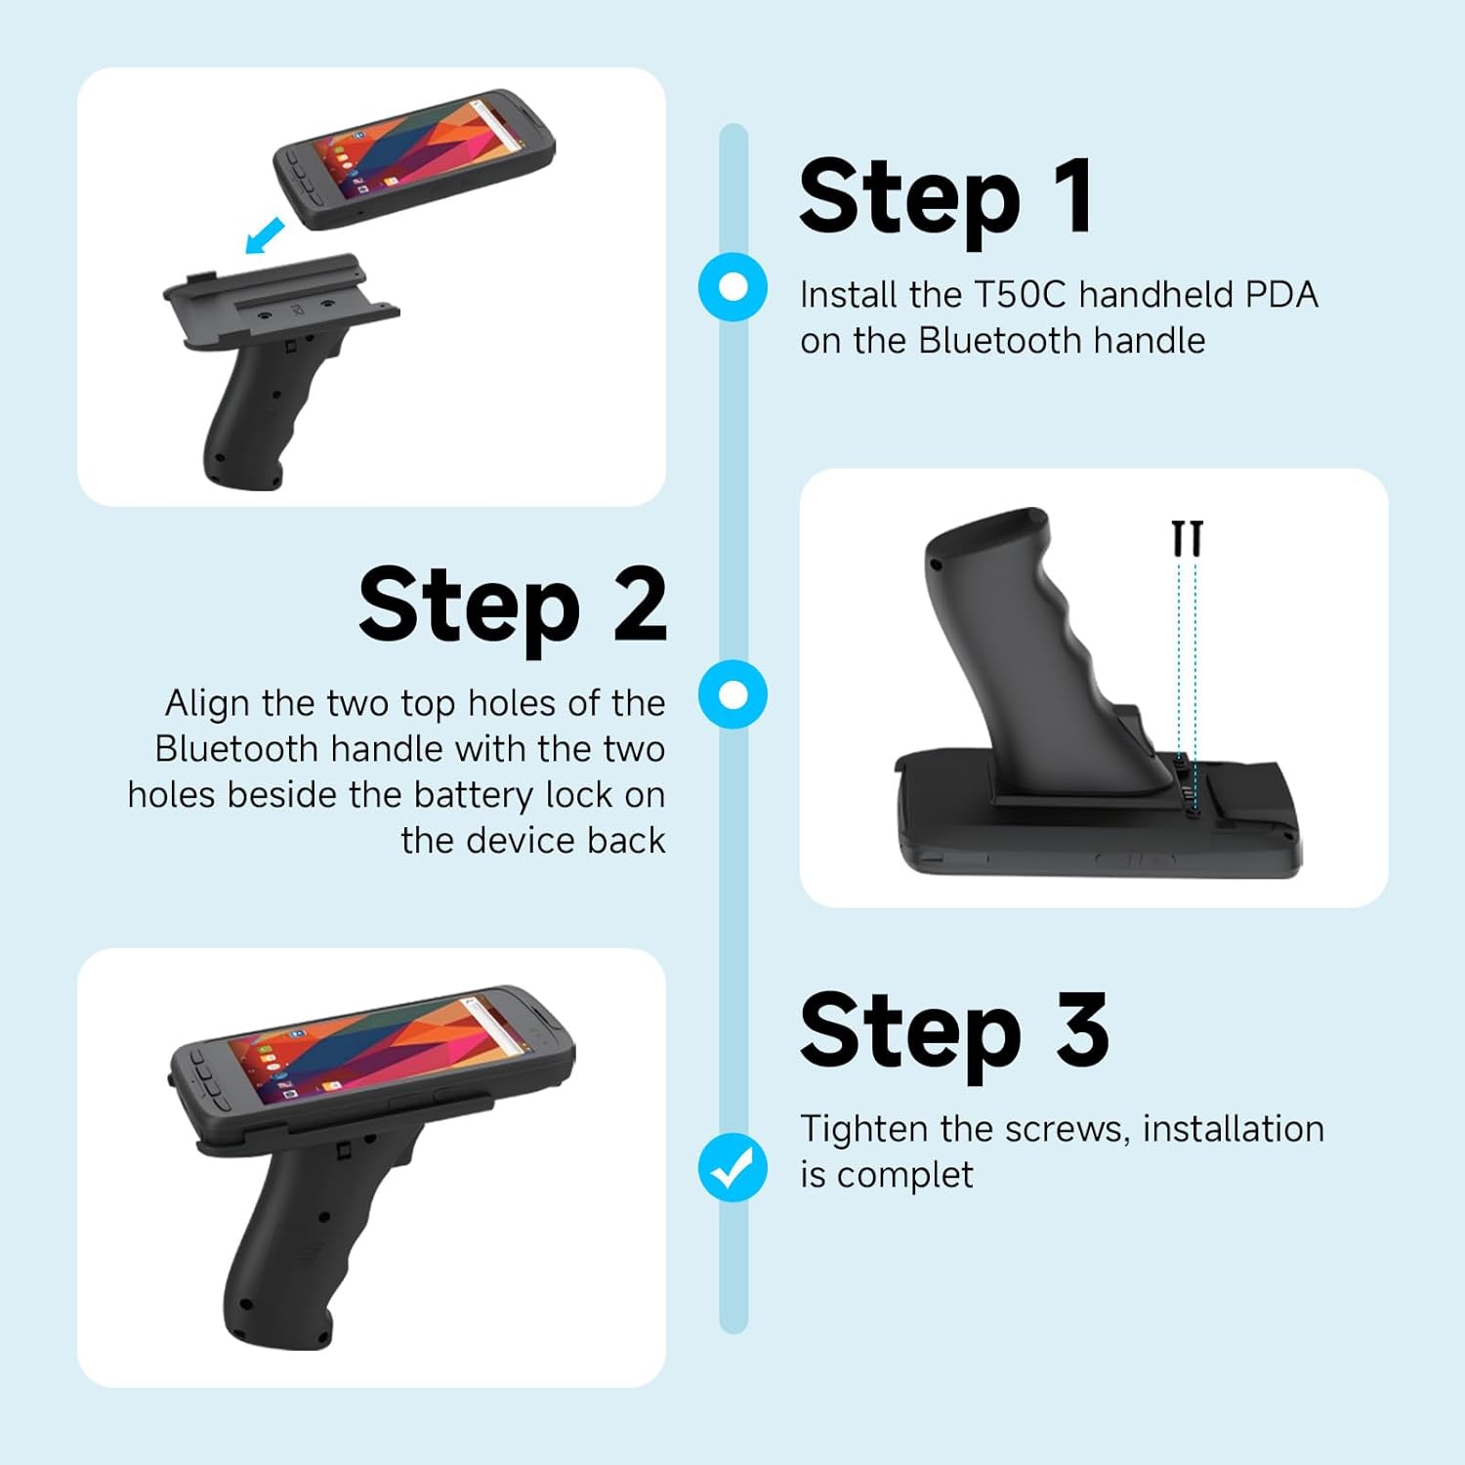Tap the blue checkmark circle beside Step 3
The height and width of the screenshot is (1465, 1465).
pos(732,1167)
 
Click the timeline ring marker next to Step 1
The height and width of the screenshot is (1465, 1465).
pos(732,287)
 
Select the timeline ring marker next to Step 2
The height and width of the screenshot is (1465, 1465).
pos(732,694)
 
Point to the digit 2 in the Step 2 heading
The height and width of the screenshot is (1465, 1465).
pos(640,605)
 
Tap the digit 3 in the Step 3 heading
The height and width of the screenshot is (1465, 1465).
pos(1081,1029)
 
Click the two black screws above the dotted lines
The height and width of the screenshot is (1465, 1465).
pos(1187,538)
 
